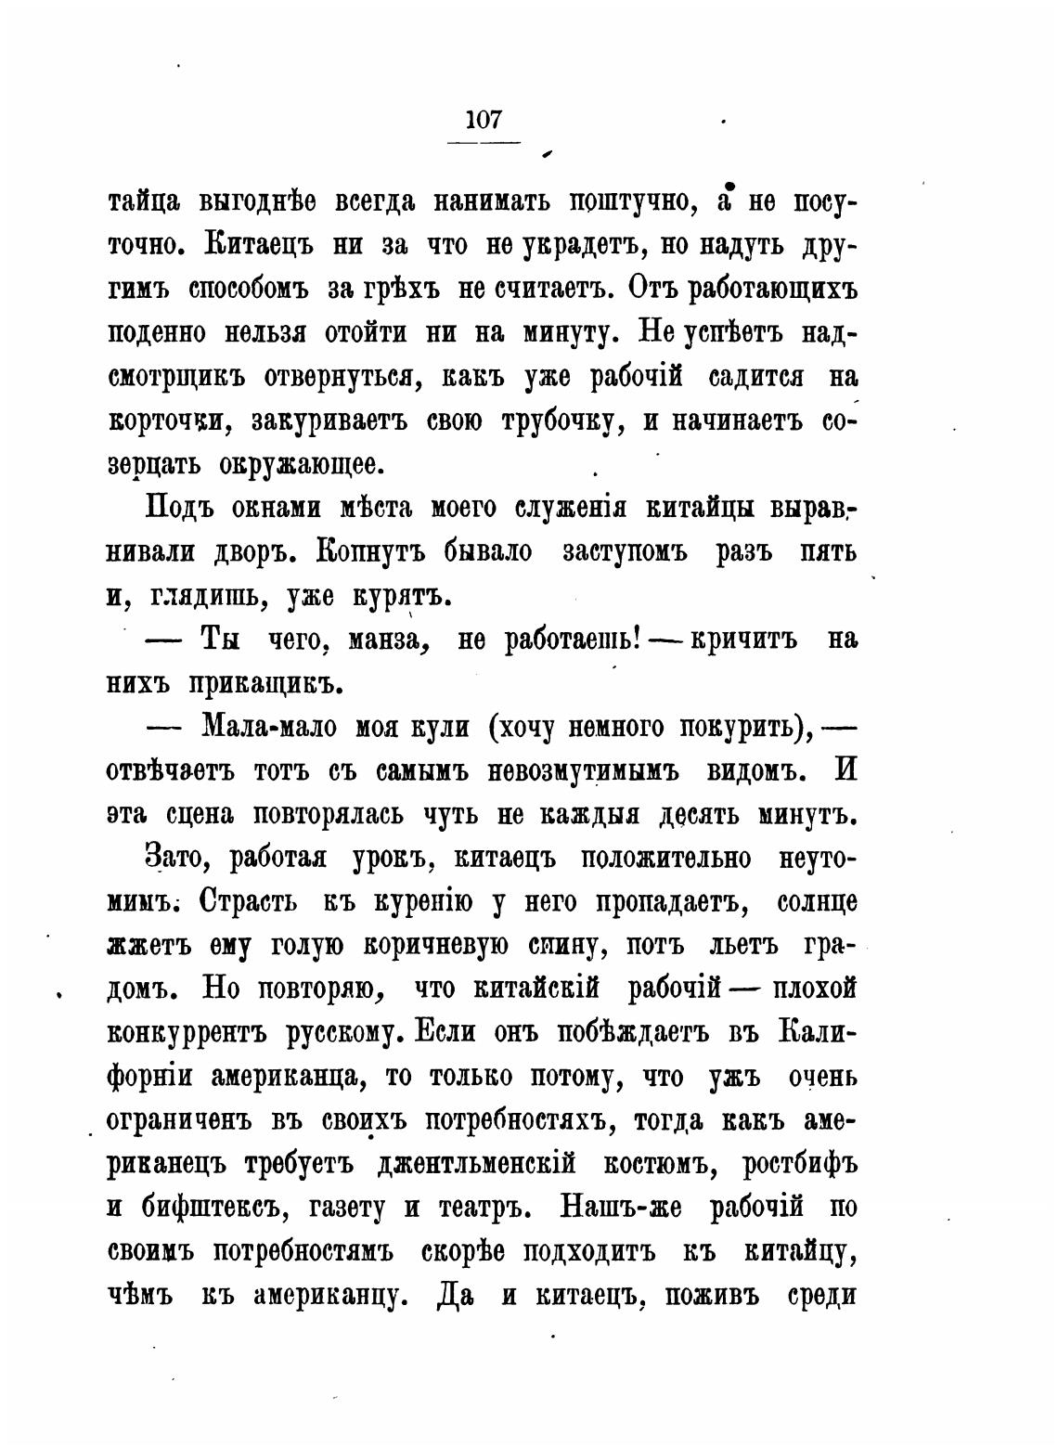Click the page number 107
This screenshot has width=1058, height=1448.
tap(484, 120)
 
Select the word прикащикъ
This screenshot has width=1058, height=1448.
tap(261, 684)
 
